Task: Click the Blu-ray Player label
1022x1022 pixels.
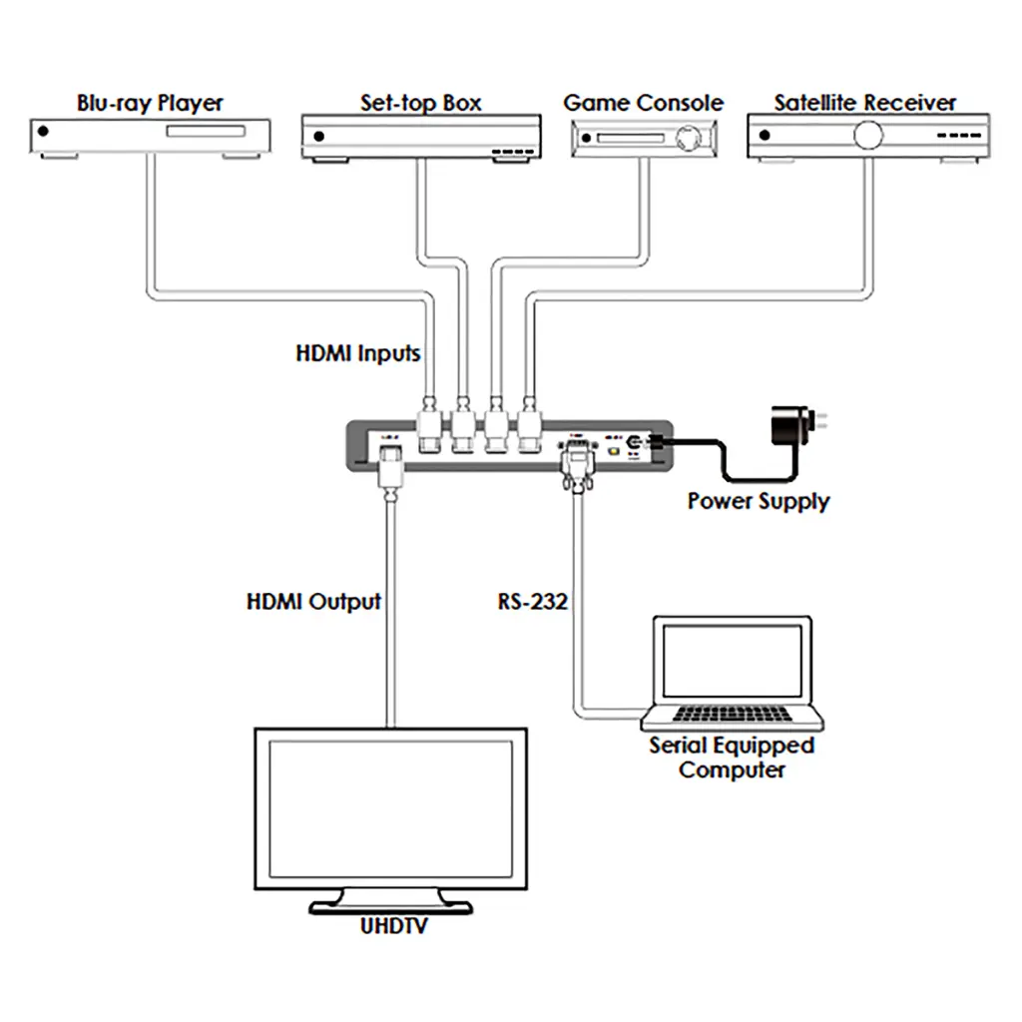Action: coord(151,103)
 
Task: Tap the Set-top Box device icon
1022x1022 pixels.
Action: coord(421,136)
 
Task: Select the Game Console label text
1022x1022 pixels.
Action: coord(643,103)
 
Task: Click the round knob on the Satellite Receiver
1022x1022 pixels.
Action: coord(868,135)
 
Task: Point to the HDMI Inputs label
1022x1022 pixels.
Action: coord(358,353)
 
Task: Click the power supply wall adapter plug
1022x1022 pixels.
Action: coord(794,428)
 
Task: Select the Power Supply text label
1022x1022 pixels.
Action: coord(758,500)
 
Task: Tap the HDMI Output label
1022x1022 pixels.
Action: coord(313,602)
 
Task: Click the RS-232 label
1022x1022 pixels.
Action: coord(533,602)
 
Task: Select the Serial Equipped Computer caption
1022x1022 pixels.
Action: coord(732,758)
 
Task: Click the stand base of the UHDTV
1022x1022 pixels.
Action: coord(389,906)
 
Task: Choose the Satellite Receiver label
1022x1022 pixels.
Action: coord(864,103)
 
